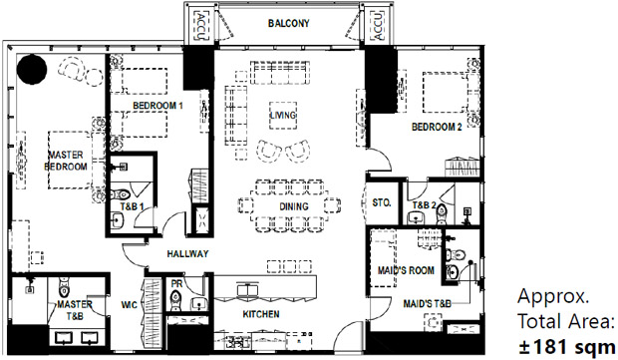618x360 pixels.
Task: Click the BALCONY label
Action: (x=288, y=23)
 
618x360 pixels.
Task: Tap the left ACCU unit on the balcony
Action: (x=200, y=26)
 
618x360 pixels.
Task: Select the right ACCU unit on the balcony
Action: (x=378, y=26)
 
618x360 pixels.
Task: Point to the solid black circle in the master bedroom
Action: (x=32, y=69)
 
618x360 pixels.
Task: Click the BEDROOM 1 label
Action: (x=157, y=106)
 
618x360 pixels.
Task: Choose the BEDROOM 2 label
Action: (x=437, y=127)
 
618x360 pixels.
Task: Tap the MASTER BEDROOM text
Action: (x=66, y=161)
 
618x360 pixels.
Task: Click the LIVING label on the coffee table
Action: (x=283, y=115)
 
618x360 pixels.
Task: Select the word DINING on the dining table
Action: (x=294, y=206)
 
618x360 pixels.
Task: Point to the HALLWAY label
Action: (x=187, y=254)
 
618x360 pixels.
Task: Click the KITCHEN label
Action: (x=261, y=314)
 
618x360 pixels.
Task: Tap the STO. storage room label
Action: (x=382, y=202)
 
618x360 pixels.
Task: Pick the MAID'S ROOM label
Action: (x=406, y=270)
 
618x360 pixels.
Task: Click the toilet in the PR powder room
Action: (x=175, y=300)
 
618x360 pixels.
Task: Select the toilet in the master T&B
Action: (x=64, y=286)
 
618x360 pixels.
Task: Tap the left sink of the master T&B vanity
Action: (x=64, y=338)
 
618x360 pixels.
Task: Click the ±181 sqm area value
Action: (x=567, y=347)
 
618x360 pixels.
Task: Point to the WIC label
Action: (x=129, y=305)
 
